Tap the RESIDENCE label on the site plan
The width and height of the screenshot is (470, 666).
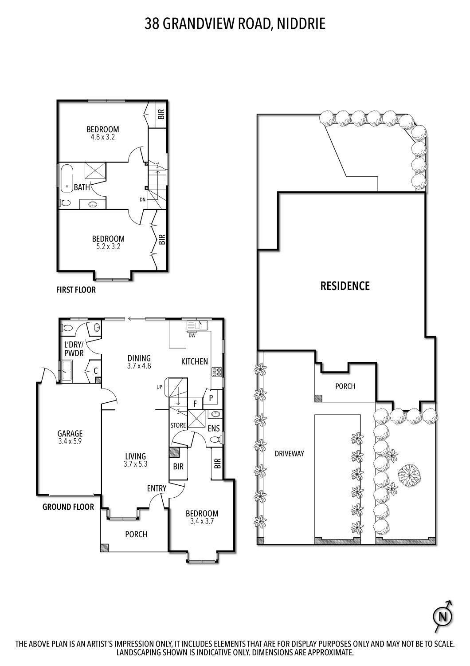[x=345, y=286]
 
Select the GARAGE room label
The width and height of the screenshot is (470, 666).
[x=70, y=434]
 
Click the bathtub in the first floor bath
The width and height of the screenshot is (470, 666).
[x=67, y=179]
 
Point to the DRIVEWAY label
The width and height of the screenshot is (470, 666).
[x=290, y=453]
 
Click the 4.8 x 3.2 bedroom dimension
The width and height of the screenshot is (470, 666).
[x=102, y=137]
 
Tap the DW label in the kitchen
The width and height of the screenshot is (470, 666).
[x=192, y=335]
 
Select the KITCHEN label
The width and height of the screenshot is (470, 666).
[x=194, y=361]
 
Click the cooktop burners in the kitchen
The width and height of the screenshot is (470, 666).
[x=217, y=372]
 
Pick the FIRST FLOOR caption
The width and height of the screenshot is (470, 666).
[x=76, y=290]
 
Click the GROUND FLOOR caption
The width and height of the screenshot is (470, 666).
[x=68, y=507]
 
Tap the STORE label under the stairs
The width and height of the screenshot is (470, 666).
[x=178, y=425]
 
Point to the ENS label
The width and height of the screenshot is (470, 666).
[x=214, y=428]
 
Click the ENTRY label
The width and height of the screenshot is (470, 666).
[x=157, y=488]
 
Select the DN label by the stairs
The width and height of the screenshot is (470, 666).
[x=142, y=199]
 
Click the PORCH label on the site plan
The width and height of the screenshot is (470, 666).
[x=345, y=386]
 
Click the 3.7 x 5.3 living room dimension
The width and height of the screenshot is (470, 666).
[x=135, y=464]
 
